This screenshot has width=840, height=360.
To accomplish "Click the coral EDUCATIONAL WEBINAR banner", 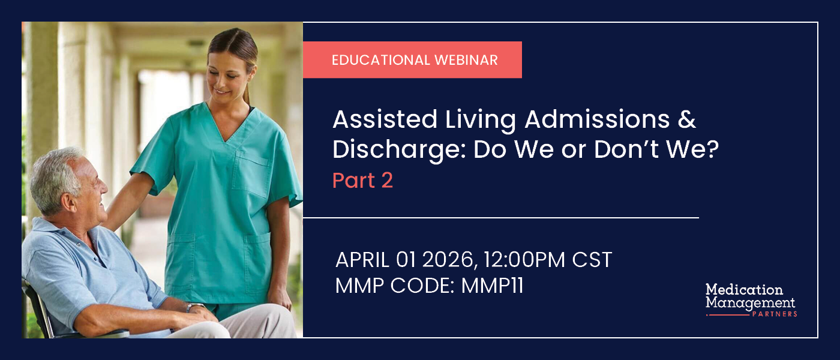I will (x=412, y=60).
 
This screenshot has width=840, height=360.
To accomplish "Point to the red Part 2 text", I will (x=362, y=181).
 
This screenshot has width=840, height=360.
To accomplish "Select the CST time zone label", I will (x=591, y=260).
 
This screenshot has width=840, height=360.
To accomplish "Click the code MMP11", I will (x=492, y=286).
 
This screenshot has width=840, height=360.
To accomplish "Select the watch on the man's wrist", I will (x=191, y=307).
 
